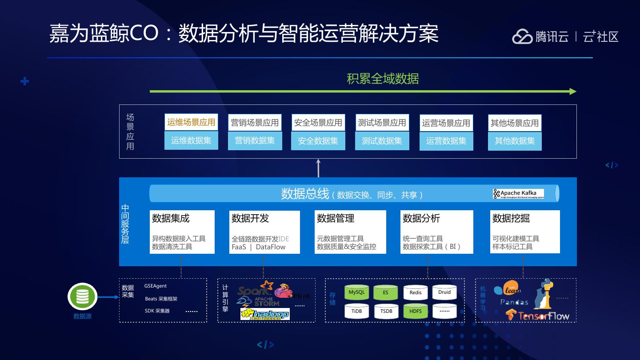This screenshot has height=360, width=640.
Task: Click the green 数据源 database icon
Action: click(83, 296)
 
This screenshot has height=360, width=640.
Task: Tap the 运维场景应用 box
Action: click(191, 122)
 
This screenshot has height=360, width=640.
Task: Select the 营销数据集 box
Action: click(255, 141)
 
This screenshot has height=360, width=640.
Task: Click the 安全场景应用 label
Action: click(318, 123)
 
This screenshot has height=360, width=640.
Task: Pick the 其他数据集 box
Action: click(515, 141)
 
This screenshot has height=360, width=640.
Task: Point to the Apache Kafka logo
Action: click(518, 194)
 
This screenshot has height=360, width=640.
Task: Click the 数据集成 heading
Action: click(171, 218)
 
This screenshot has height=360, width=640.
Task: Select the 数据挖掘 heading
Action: click(511, 218)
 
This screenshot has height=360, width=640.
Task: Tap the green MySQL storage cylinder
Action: click(356, 292)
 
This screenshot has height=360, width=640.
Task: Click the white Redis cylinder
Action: click(416, 292)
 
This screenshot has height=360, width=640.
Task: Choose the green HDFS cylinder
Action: click(415, 311)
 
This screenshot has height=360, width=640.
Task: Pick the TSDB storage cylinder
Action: click(386, 311)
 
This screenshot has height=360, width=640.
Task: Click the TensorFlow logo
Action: click(538, 316)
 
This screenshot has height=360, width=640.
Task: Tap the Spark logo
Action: click(254, 290)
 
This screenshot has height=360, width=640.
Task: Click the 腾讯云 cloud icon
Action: click(522, 37)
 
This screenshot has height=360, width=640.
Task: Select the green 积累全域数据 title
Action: click(383, 79)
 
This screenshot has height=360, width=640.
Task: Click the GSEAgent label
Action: click(156, 286)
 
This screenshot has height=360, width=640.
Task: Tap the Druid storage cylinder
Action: click(444, 292)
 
